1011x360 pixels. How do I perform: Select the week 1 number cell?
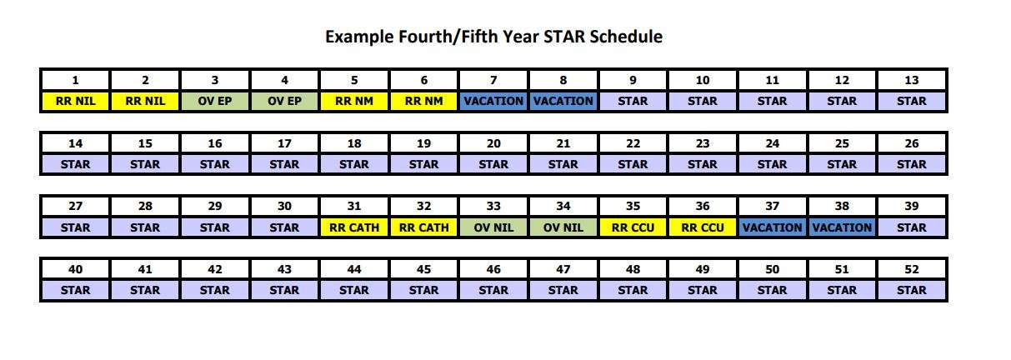(76, 81)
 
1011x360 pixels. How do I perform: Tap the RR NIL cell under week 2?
(145, 102)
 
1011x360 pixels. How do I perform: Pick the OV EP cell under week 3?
(215, 102)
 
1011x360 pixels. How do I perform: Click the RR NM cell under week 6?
(424, 102)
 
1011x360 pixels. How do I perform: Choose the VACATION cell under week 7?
(493, 102)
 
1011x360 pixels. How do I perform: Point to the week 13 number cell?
(912, 81)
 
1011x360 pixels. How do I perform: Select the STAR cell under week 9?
(633, 102)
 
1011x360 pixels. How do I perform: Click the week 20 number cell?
(493, 143)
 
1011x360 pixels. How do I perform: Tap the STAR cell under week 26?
(912, 164)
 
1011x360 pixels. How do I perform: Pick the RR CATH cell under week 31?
(354, 227)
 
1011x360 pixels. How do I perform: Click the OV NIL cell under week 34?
(563, 227)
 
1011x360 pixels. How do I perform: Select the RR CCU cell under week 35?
(633, 227)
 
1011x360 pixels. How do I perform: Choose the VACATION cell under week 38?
(842, 227)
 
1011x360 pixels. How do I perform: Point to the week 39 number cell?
(912, 207)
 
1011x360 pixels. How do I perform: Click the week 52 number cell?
(912, 269)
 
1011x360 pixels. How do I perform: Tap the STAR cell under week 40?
(76, 290)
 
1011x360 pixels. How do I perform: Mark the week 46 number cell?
(493, 269)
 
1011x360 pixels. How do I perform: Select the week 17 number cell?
(284, 143)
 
